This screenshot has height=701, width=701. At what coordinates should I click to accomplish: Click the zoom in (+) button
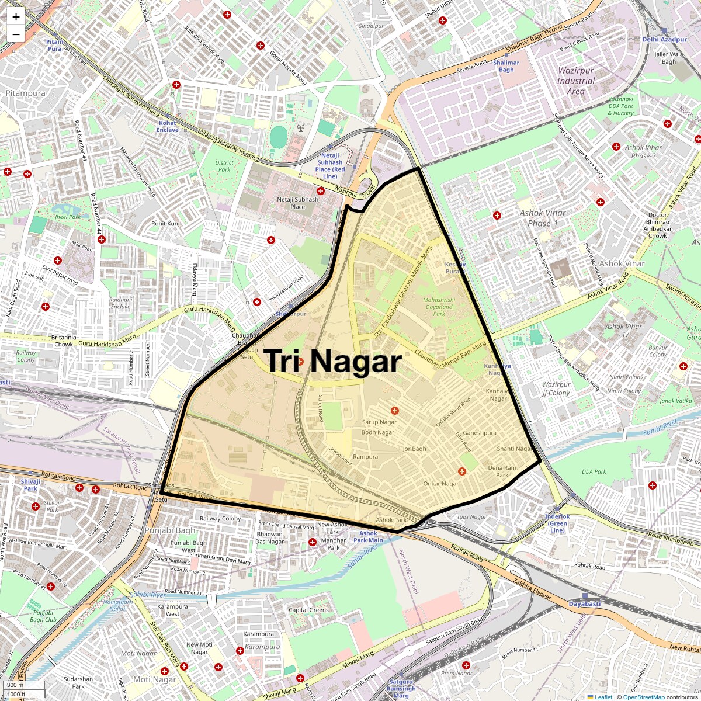tap(16, 16)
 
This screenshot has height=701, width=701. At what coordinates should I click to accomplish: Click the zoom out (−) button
tap(16, 34)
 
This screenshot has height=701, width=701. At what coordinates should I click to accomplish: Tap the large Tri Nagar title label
tap(334, 361)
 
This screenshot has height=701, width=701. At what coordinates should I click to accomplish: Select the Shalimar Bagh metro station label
tap(506, 66)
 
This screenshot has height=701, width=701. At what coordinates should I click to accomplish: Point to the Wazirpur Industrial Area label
tap(575, 81)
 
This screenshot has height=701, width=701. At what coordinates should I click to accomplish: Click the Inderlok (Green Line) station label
tap(557, 523)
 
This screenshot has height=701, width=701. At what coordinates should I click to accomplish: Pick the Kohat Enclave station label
tap(167, 126)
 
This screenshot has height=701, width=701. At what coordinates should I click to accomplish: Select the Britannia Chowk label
tap(64, 341)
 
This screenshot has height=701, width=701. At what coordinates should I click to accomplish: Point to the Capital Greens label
tap(309, 610)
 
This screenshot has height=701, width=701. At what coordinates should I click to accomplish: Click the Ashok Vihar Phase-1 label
tap(543, 218)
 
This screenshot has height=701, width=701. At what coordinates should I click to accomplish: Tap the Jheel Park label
tap(68, 217)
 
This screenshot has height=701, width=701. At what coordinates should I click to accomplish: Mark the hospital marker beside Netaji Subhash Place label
tap(320, 191)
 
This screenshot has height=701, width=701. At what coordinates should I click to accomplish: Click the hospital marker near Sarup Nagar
tap(395, 411)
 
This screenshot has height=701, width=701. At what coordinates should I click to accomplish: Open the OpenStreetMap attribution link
tap(643, 697)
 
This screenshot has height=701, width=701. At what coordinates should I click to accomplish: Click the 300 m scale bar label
tap(16, 685)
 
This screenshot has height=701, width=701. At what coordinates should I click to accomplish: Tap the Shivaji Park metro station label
tap(30, 485)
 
